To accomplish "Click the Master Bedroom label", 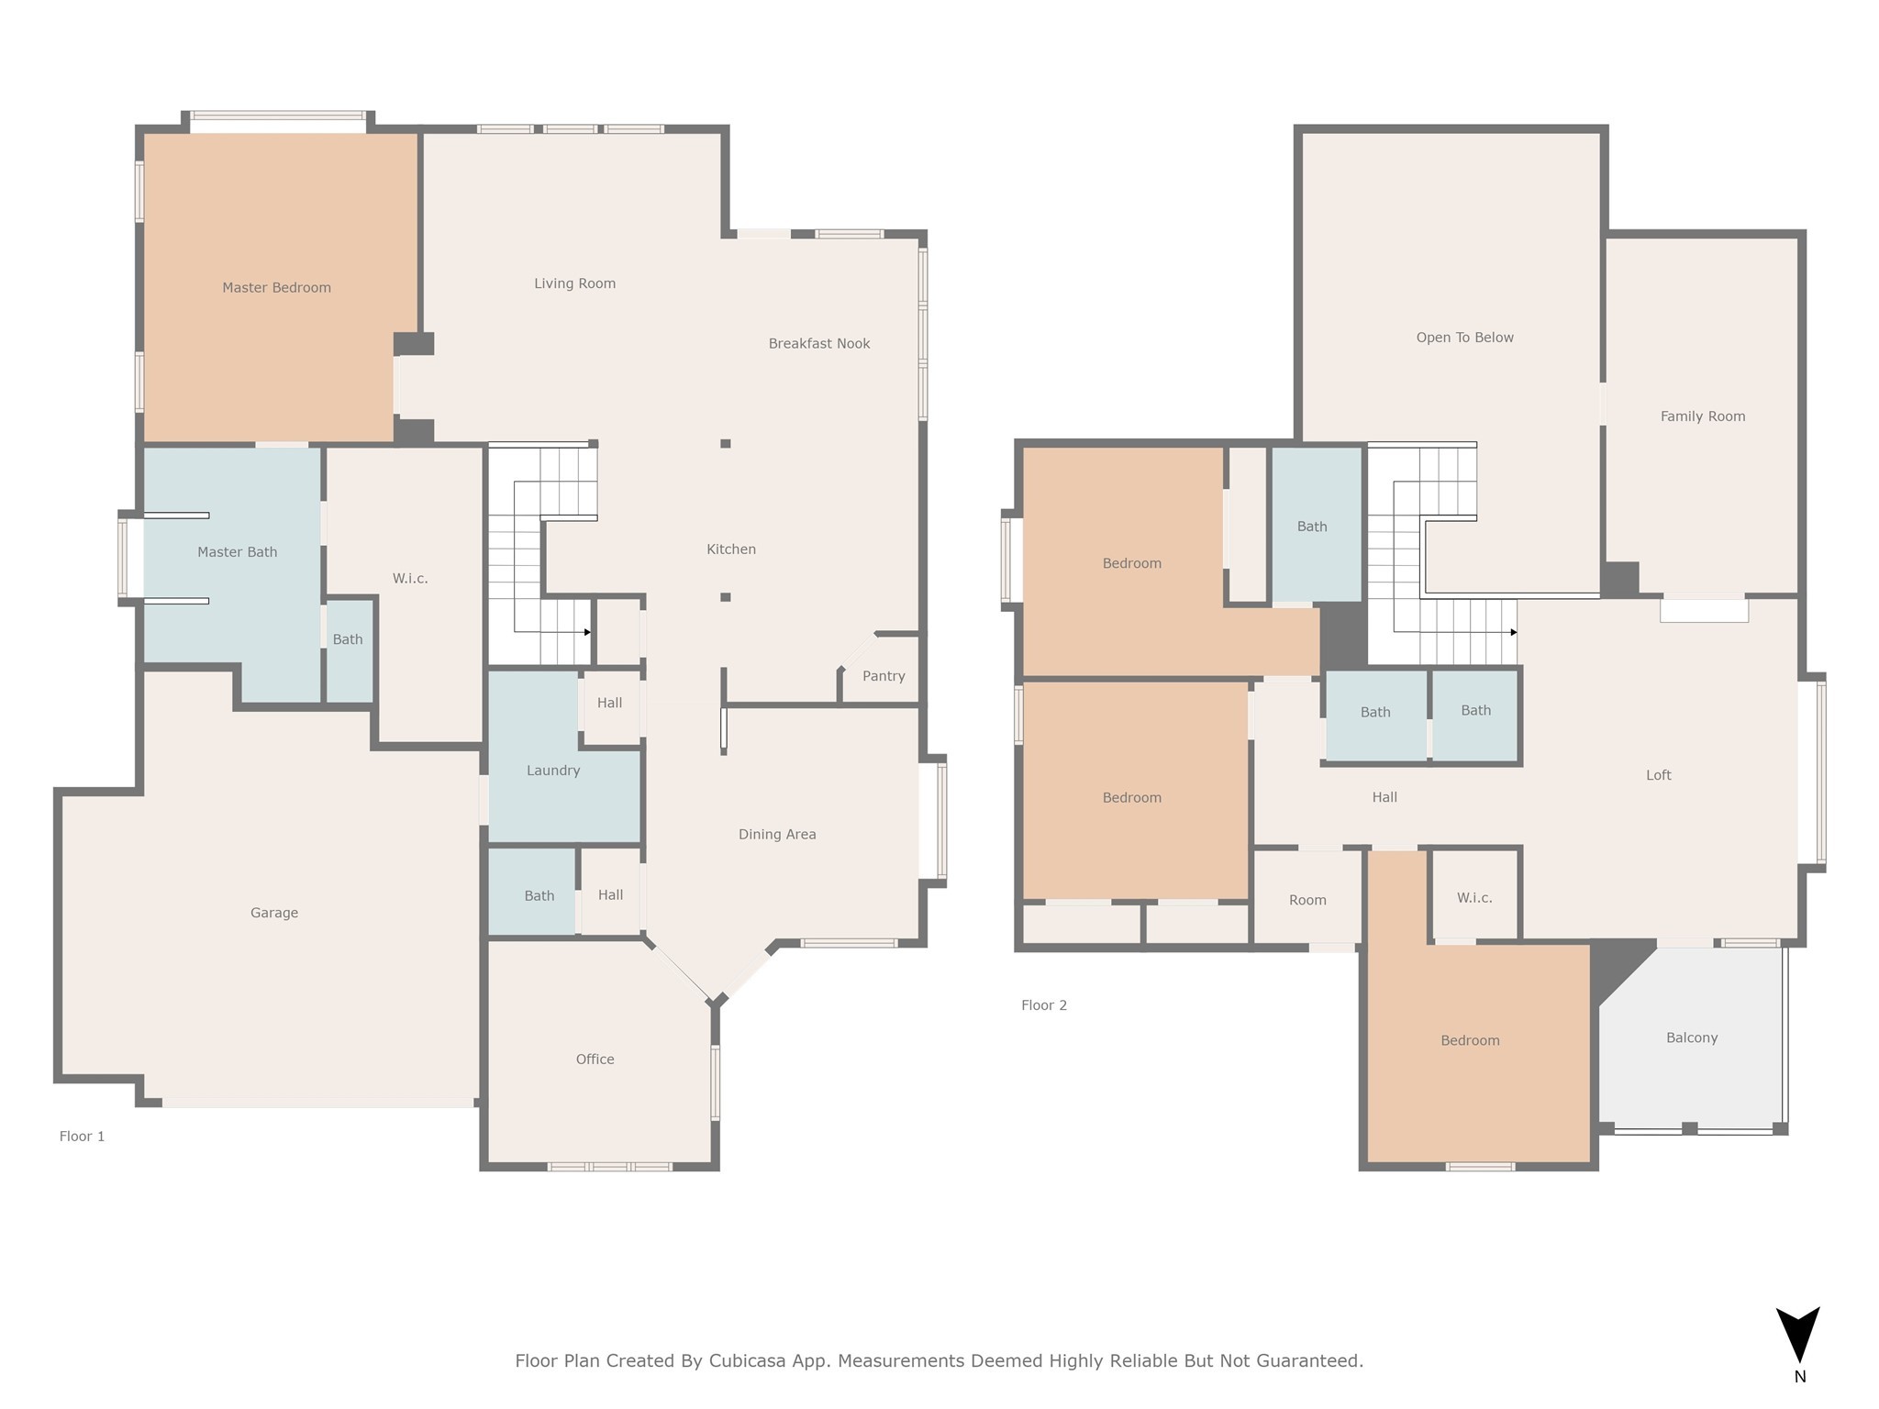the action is point(276,288).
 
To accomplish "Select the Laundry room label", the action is point(553,771).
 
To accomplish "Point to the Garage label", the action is point(274,913).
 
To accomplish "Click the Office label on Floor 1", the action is point(595,1060).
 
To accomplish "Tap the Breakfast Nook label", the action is point(819,344).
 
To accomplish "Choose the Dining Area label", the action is point(777,835).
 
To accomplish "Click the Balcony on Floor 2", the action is point(1692,1037).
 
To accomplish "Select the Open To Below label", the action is point(1464,338).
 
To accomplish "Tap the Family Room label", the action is point(1703,416).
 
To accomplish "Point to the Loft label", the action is point(1659,775).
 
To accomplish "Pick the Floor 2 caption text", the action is point(1044,1005).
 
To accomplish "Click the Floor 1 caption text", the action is point(82,1137).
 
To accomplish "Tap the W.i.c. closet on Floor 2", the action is point(1474,895).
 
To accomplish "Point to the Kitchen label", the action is point(731,549).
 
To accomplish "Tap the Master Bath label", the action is point(237,552).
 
